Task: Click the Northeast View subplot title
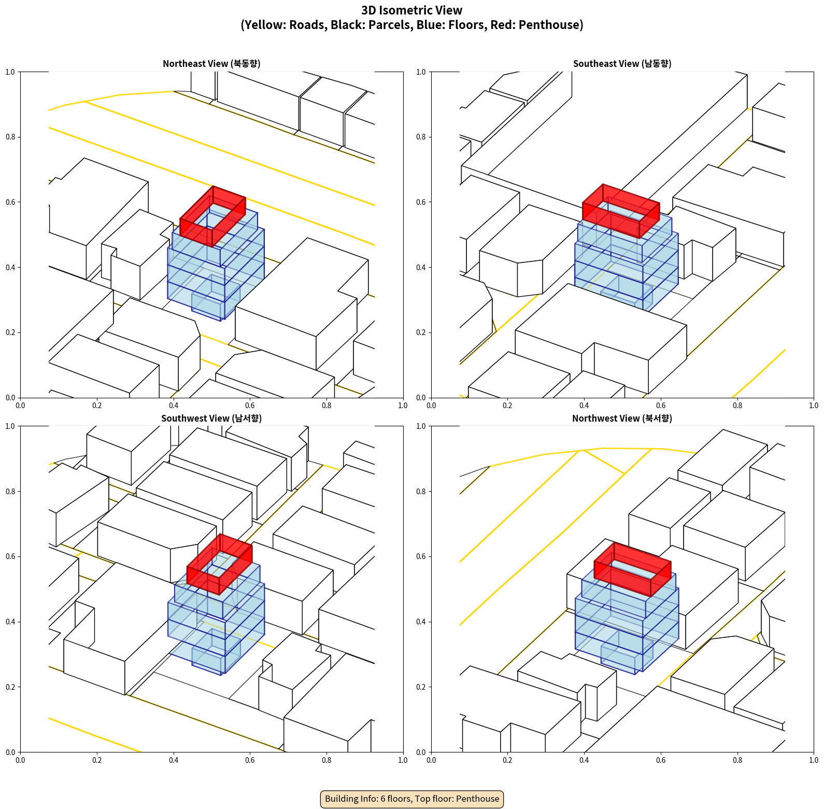click(211, 64)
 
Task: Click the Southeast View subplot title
click(622, 64)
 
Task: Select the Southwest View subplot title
click(211, 419)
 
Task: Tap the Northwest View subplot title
click(622, 419)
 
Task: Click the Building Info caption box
click(412, 799)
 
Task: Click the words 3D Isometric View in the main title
click(412, 10)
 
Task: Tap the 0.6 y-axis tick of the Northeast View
click(10, 202)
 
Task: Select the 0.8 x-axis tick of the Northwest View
click(737, 760)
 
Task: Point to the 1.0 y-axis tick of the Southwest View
click(10, 426)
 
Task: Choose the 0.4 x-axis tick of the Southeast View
click(584, 406)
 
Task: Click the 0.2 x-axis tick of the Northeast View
click(97, 406)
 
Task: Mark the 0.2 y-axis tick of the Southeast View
click(421, 332)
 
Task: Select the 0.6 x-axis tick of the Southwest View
click(250, 760)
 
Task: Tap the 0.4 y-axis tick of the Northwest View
click(421, 622)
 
